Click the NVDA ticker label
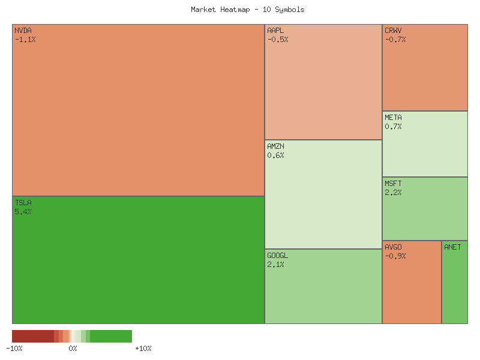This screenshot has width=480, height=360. pos(23,30)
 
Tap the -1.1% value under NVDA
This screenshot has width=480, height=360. pos(25,40)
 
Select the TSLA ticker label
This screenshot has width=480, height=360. pos(23,203)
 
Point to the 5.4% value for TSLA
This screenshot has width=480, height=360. pos(23,212)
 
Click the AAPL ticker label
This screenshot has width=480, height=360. pos(276,30)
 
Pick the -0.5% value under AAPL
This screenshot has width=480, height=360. pos(278,40)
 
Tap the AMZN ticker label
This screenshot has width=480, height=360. pos(276,146)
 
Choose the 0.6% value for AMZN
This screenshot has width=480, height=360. pos(275,155)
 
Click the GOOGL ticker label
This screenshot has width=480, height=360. pos(277,255)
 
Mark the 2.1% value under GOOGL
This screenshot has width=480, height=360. pos(275,265)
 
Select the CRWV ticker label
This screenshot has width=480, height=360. pos(394,30)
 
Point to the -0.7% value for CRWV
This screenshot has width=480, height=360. pos(395,40)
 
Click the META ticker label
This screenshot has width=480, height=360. pos(394,118)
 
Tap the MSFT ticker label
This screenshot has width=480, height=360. pos(394,184)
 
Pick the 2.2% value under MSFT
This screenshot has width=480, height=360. pos(393,193)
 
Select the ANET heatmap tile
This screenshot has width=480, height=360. pos(455,282)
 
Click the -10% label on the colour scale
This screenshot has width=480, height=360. pos(14,349)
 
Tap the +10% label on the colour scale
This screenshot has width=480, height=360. pos(143,349)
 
